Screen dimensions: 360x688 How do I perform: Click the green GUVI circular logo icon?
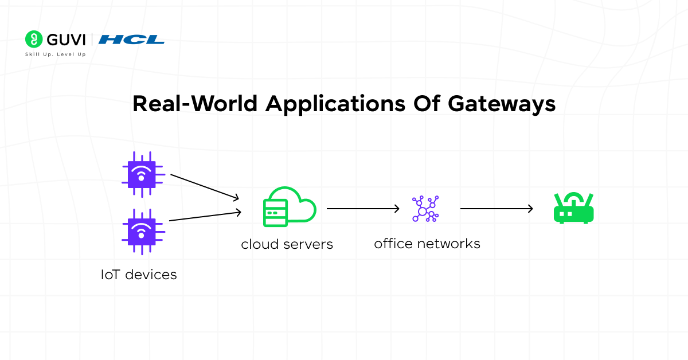click(34, 39)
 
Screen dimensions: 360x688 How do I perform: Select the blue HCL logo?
click(131, 40)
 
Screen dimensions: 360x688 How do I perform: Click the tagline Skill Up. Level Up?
click(55, 54)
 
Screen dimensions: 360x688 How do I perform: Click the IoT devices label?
click(139, 275)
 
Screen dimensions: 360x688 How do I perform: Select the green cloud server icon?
click(289, 206)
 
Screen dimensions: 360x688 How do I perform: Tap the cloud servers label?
click(287, 244)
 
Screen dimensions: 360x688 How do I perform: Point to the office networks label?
click(427, 244)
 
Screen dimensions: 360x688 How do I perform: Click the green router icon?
click(573, 208)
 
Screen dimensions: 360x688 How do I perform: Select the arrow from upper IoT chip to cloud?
click(205, 187)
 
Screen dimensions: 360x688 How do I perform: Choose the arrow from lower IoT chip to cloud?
click(205, 217)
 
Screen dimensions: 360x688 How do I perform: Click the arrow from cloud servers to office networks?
click(363, 209)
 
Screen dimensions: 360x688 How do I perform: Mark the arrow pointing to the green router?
click(497, 209)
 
